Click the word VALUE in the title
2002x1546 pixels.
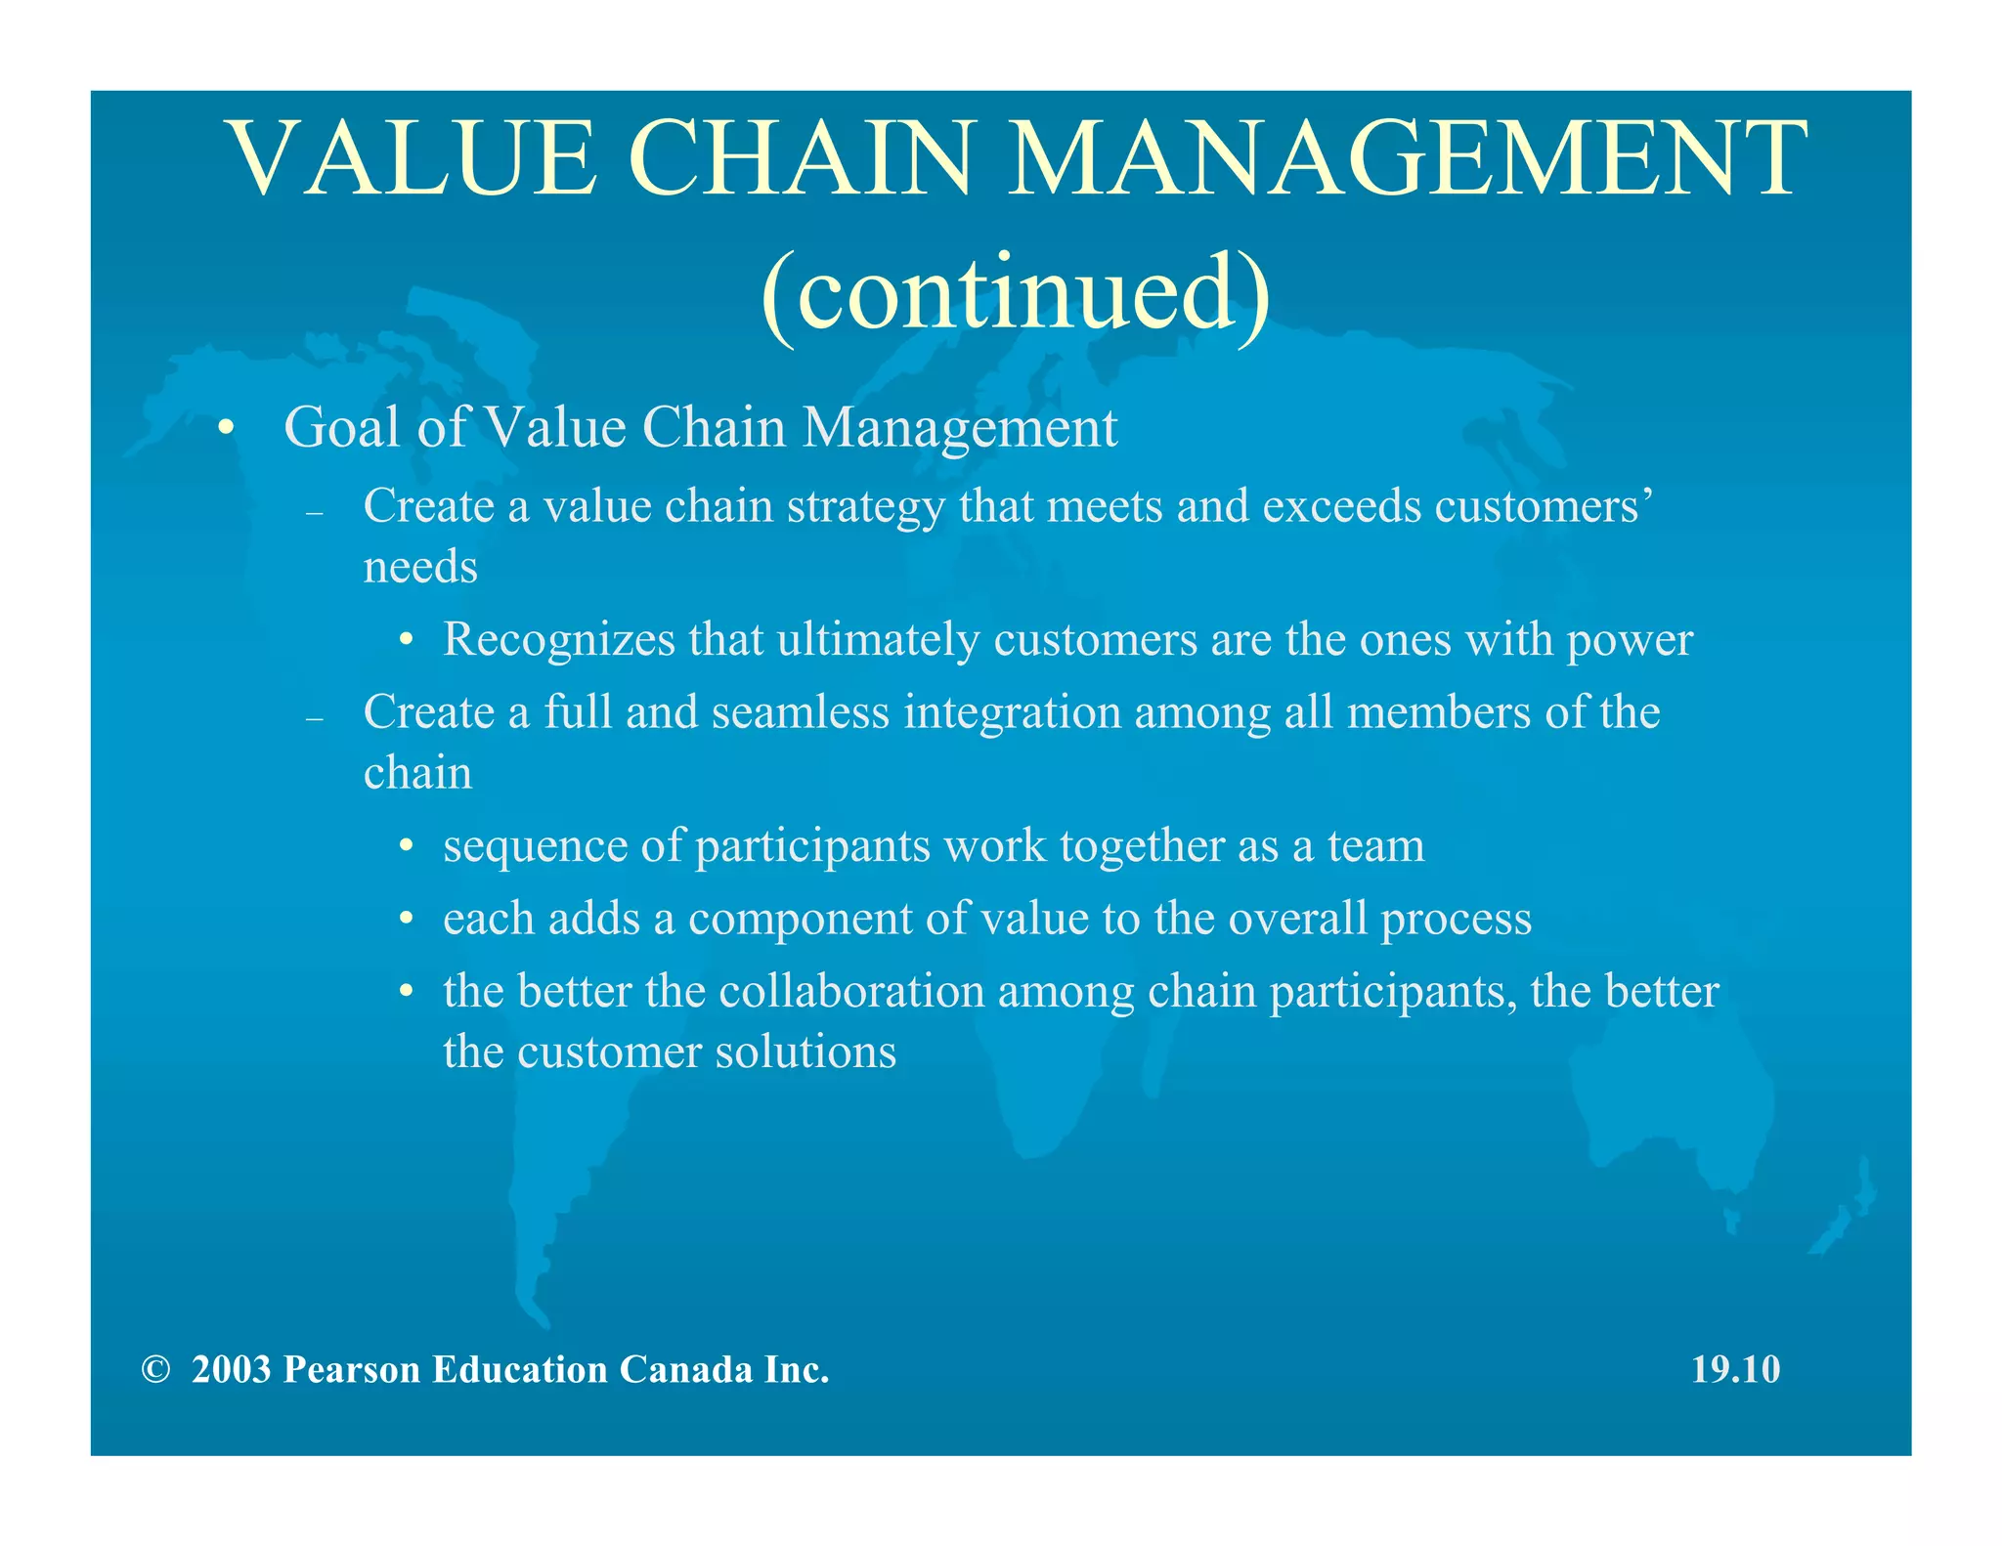(x=412, y=158)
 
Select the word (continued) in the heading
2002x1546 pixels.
(x=1015, y=292)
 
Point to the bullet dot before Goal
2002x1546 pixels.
(x=227, y=429)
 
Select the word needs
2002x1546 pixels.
(x=420, y=568)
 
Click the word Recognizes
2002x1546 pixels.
(x=559, y=640)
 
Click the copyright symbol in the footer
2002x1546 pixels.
(x=154, y=1370)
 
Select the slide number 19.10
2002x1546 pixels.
(x=1735, y=1370)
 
